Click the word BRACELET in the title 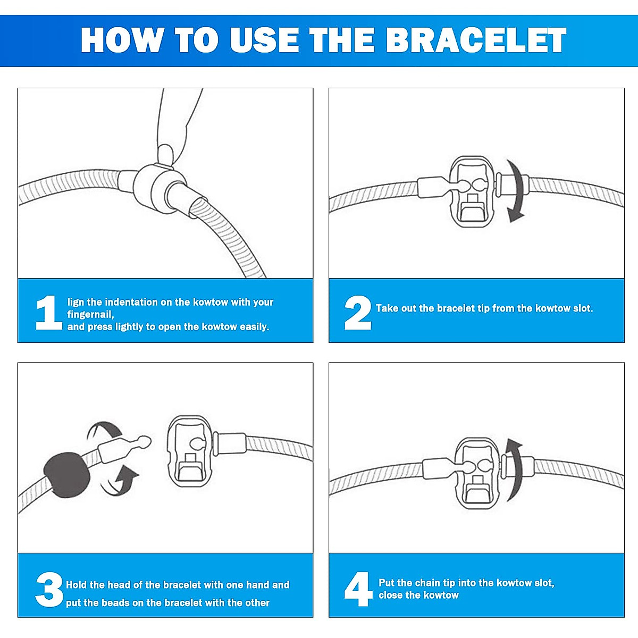click(x=476, y=40)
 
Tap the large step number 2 click(x=357, y=313)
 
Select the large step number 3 click(x=49, y=590)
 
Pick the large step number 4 click(x=358, y=589)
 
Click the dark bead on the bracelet click(x=66, y=474)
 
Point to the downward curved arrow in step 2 click(x=515, y=191)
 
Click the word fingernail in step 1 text click(x=90, y=315)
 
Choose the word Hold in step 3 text click(x=78, y=585)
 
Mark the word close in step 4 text click(x=391, y=595)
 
